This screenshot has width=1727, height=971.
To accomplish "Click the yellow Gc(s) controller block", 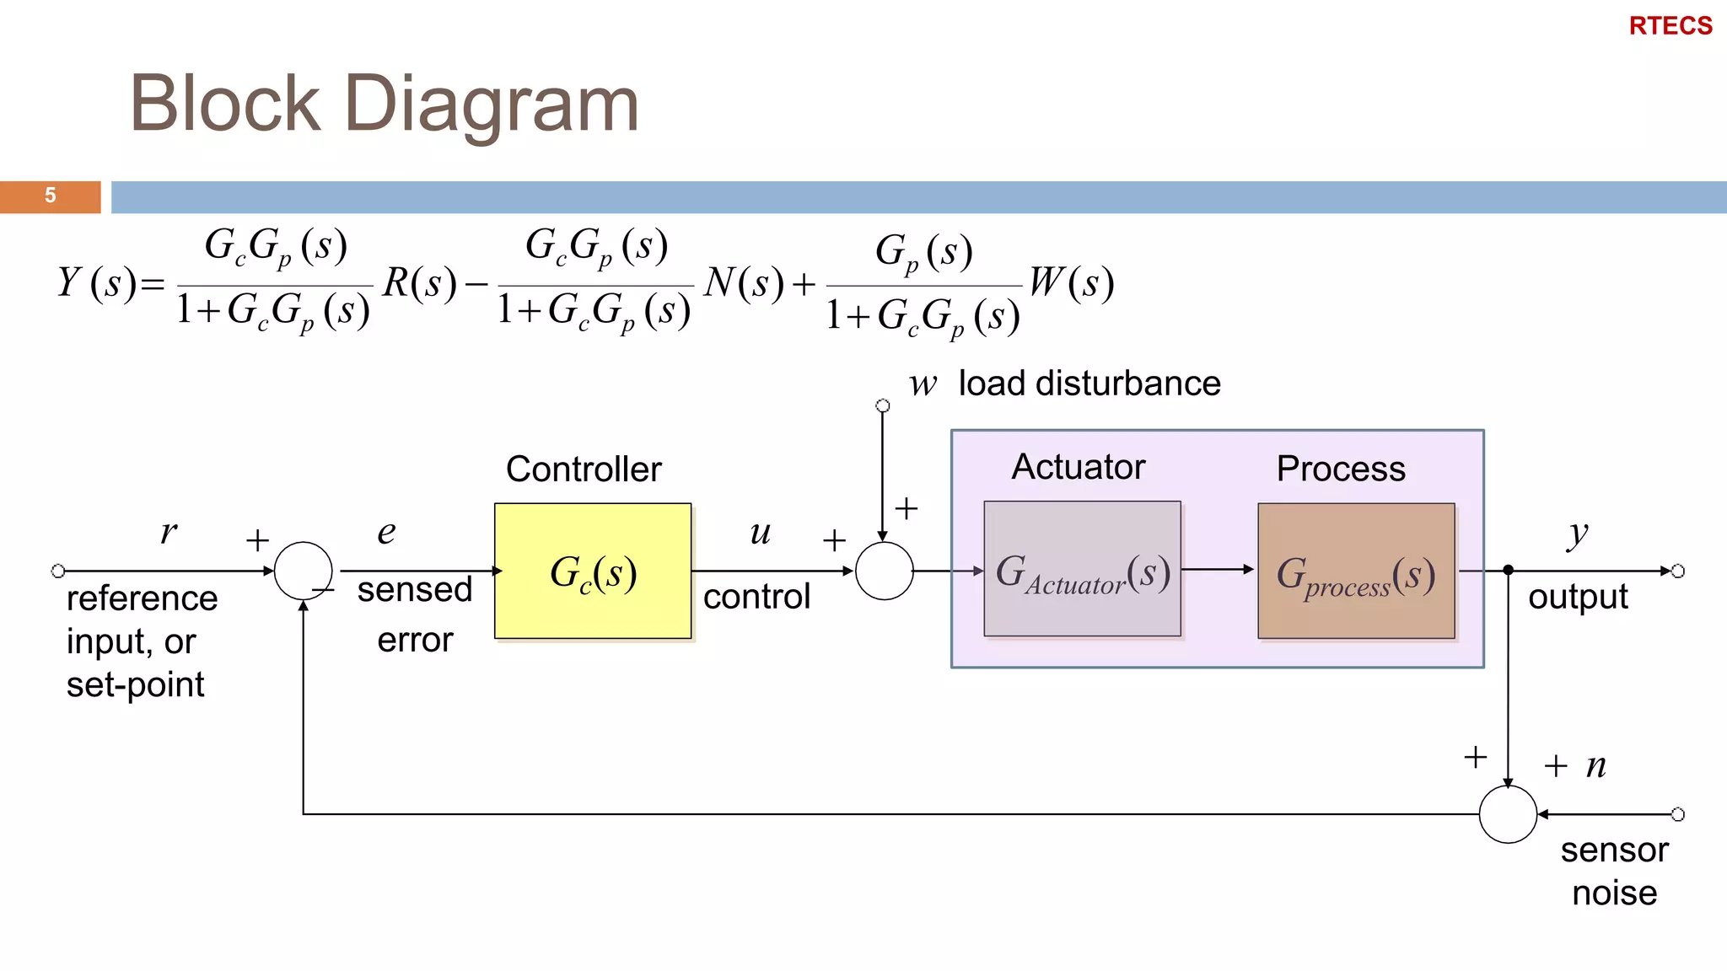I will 593,571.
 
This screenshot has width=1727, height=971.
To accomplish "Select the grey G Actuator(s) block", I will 1082,569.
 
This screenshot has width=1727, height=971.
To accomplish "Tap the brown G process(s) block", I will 1356,571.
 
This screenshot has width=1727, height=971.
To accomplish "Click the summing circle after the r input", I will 303,571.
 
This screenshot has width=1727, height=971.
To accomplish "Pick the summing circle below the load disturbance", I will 884,571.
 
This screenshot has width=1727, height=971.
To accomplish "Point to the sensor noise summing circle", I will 1508,814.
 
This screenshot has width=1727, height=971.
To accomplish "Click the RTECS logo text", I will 1670,26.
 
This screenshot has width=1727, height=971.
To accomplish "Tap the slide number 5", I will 51,196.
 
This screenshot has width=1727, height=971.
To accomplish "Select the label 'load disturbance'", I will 1089,384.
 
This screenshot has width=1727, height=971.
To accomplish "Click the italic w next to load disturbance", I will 923,384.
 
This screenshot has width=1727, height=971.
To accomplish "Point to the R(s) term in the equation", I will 419,282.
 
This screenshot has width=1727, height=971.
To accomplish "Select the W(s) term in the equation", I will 1071,282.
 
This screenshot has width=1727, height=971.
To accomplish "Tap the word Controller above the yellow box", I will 584,469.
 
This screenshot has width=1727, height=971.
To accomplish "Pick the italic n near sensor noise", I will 1595,765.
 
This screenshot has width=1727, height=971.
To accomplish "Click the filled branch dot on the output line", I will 1508,571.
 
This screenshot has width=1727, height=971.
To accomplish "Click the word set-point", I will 135,684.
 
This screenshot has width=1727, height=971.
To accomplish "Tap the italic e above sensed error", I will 386,533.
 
